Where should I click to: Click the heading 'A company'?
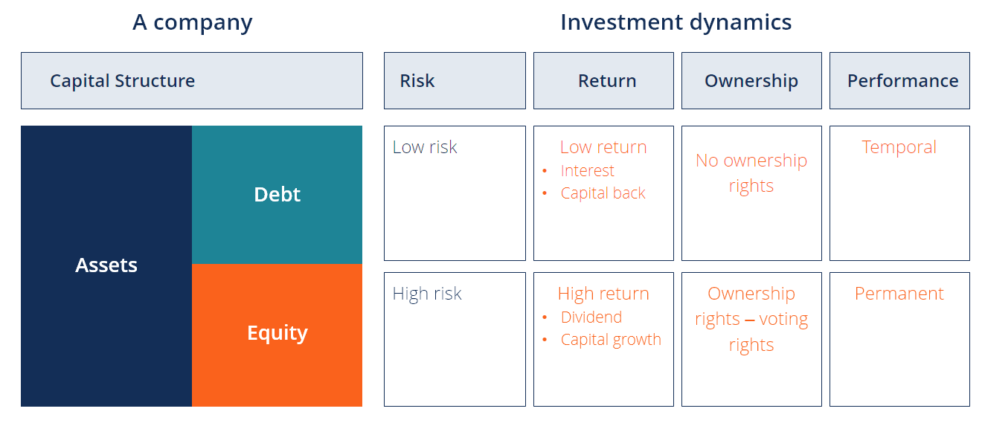coord(192,22)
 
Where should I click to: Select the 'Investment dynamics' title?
coord(676,22)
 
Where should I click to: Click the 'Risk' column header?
coord(417,81)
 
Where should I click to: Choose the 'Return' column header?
coord(607,81)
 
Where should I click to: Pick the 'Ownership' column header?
coord(751,81)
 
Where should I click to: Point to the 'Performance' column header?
coord(902,81)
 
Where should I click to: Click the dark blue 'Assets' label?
coord(106,265)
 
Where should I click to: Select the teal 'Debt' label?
coord(277,195)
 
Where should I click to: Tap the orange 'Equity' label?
coord(277,333)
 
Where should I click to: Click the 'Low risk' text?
coord(425,147)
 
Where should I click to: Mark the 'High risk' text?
coord(427,294)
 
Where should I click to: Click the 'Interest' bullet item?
coord(588,171)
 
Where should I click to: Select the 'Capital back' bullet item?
coord(603,193)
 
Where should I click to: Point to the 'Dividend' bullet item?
coord(591,317)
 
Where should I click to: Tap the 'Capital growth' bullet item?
coord(611,340)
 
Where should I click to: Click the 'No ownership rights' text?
coord(751,172)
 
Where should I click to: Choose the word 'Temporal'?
coord(899,147)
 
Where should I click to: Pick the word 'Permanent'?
coord(899,294)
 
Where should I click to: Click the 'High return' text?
coord(603,294)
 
